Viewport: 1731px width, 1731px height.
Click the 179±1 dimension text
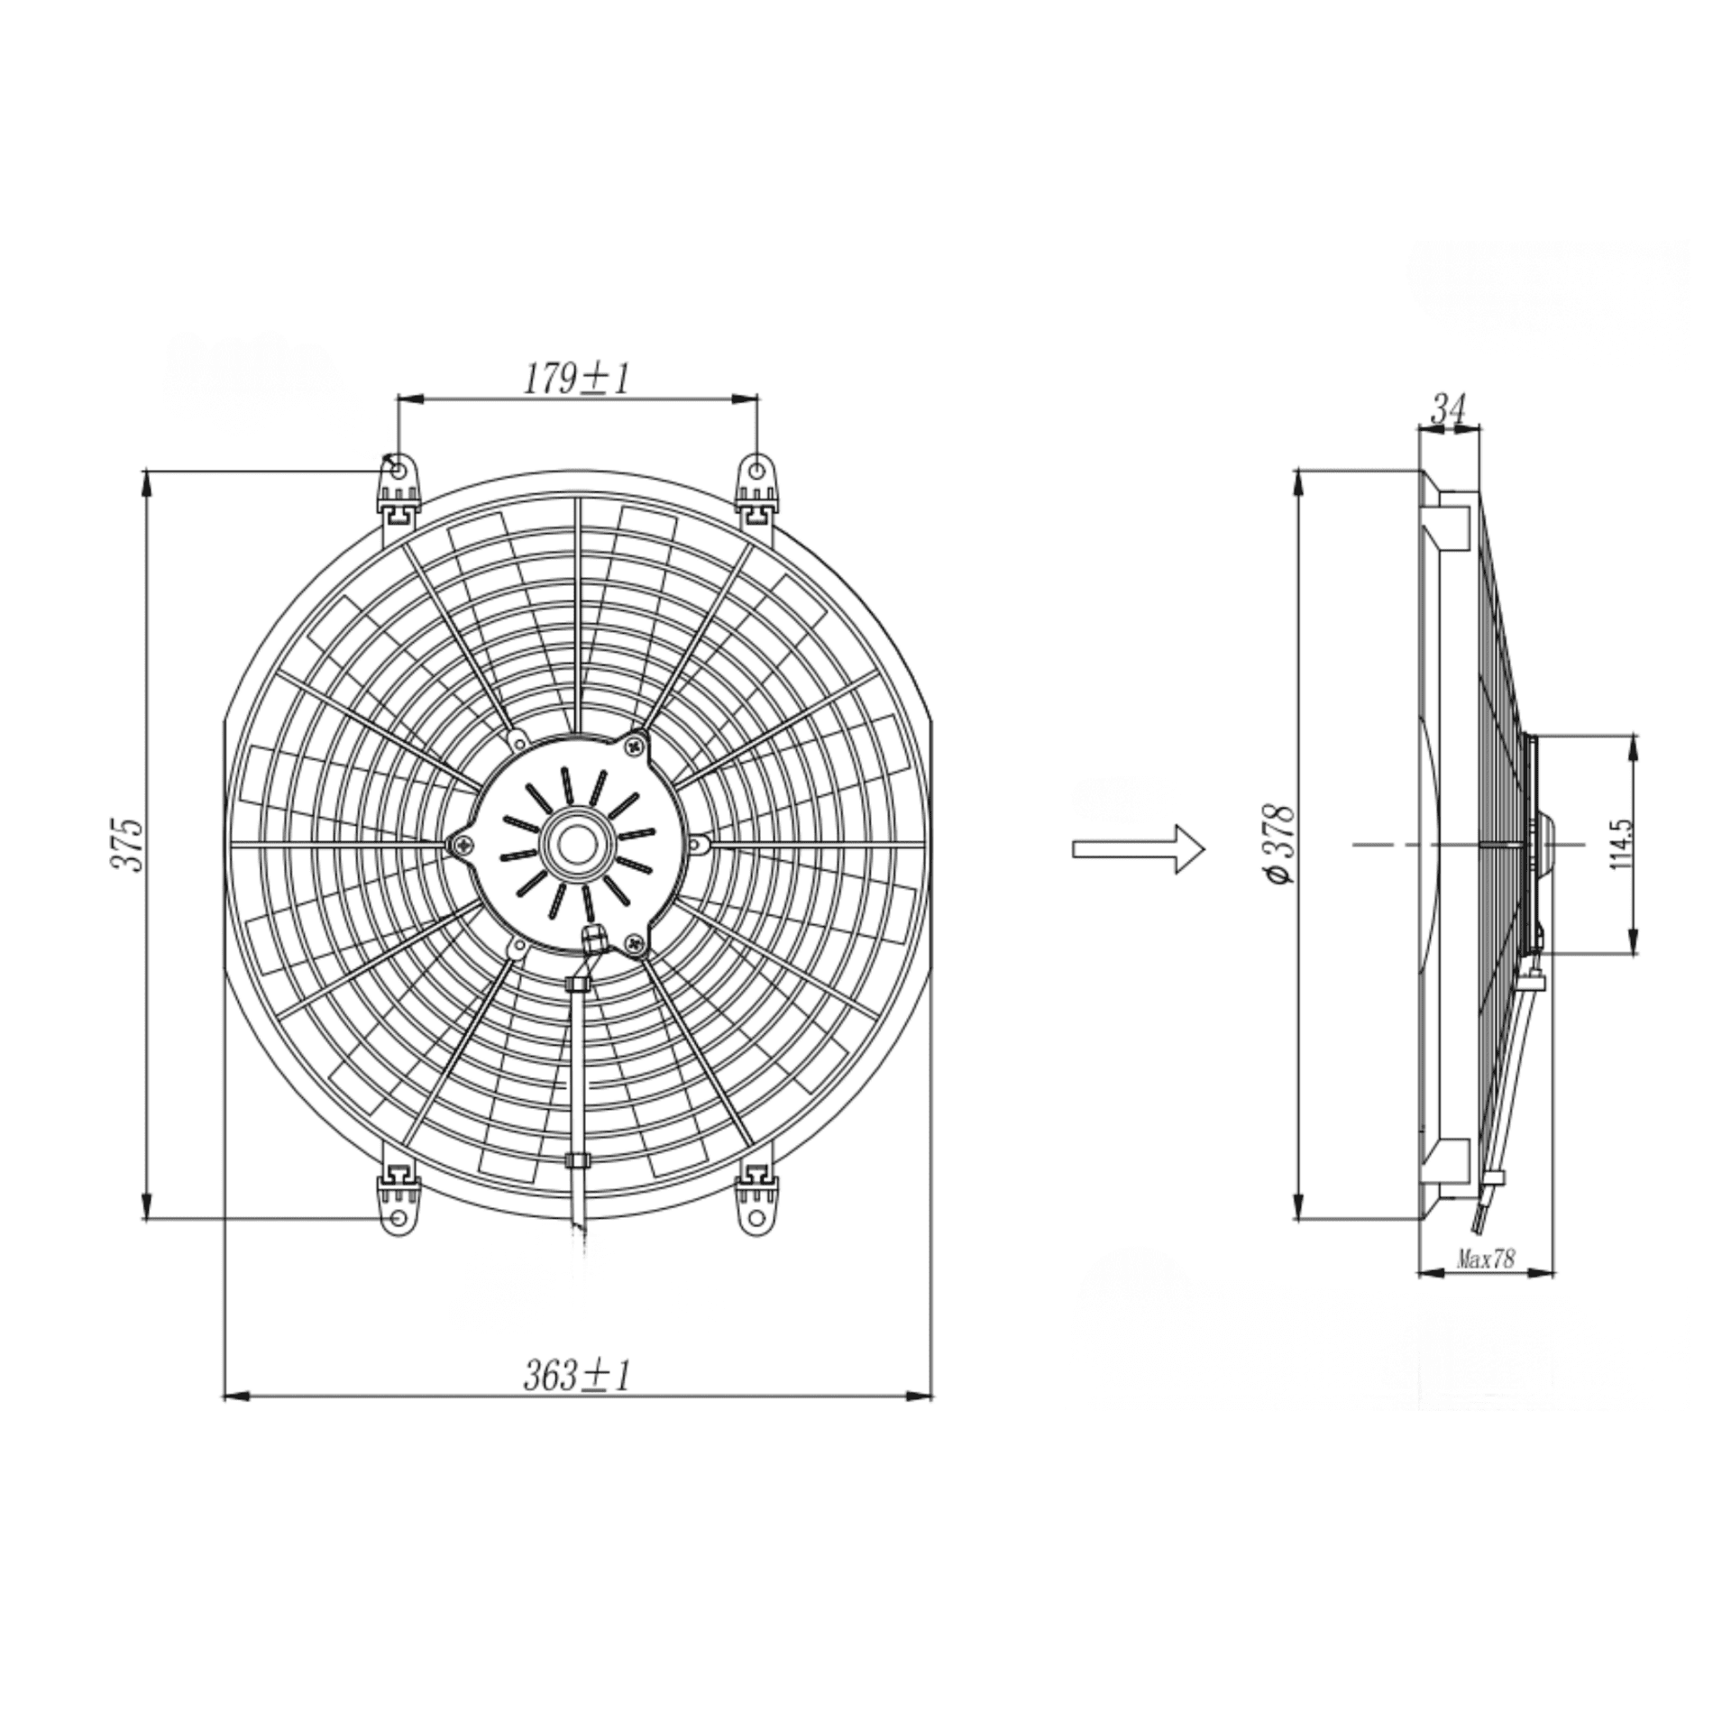576,380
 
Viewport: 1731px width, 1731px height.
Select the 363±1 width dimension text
576,1376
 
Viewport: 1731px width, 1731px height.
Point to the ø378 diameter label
1280,844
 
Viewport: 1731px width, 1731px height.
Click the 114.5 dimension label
1621,844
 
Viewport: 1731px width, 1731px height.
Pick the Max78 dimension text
1486,1259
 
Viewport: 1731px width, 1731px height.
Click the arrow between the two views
1138,848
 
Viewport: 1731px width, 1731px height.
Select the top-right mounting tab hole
756,471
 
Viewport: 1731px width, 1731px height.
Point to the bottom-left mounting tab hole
398,1218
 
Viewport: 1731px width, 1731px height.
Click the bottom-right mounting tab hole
756,1218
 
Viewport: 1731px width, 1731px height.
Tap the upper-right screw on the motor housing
637,745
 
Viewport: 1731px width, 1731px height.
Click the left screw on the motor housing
463,845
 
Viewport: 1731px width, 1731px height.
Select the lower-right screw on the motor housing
637,943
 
